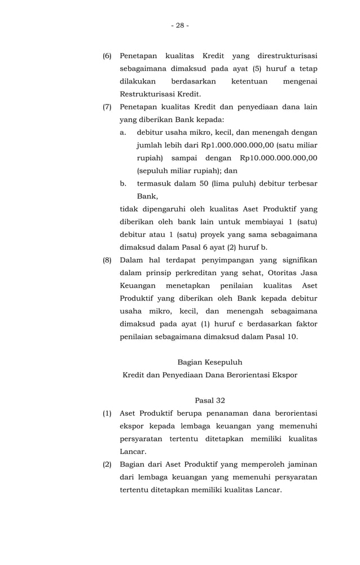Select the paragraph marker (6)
(107, 56)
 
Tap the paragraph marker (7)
(107, 107)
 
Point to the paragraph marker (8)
(107, 260)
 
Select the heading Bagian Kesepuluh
(209, 362)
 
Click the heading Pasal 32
(209, 400)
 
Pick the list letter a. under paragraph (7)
(123, 132)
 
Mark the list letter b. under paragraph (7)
(123, 183)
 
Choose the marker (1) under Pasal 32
(107, 413)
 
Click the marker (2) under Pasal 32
(107, 464)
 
